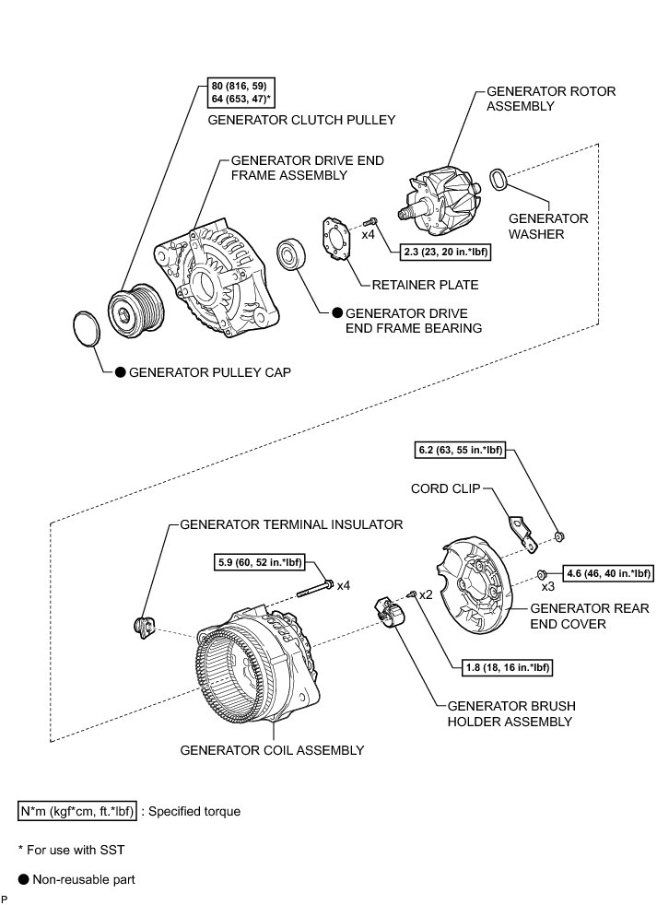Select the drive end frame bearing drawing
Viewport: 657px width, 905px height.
294,255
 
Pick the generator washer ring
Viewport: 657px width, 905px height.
498,179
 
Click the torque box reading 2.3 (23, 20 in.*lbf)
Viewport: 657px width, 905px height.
444,251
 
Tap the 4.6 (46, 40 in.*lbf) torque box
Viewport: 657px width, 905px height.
608,572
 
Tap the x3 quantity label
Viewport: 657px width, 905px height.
547,586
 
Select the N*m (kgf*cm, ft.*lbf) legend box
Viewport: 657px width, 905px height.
77,812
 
